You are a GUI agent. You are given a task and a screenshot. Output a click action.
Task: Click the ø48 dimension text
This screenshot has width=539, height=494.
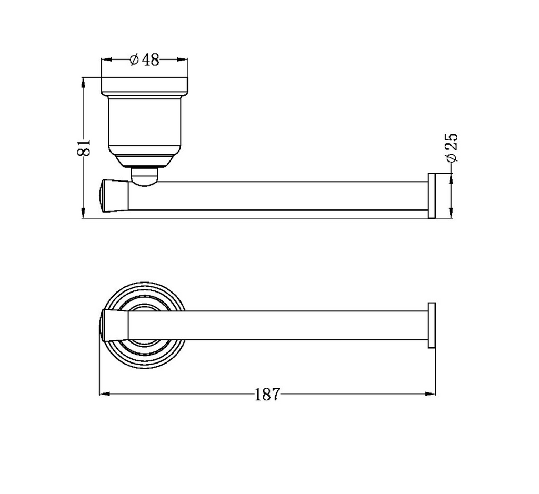144,60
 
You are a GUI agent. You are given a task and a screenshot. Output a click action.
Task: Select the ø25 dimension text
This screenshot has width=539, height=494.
451,148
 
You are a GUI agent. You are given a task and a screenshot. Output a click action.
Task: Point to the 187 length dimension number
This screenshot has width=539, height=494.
267,394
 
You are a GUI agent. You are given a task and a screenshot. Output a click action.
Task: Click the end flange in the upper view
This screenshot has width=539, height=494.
432,195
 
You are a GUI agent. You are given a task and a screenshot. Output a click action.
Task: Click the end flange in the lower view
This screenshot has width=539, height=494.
432,325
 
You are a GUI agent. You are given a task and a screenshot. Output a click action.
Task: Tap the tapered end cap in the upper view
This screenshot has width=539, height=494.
115,196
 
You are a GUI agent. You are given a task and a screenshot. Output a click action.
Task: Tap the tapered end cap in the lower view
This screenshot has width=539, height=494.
115,325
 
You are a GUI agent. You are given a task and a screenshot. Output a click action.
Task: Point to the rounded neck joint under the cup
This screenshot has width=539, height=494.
144,176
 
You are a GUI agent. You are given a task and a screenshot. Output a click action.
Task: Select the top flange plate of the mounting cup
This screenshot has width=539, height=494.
144,86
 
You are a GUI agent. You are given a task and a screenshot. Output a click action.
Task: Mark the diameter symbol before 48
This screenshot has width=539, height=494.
134,60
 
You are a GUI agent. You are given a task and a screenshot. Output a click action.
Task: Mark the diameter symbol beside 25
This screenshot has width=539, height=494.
451,157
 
